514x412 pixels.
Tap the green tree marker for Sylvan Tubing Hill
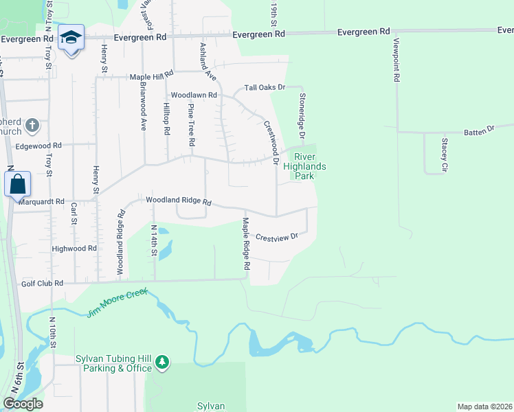coord(161,362)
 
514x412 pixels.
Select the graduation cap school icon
coord(71,38)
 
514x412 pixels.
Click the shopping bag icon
coord(17,184)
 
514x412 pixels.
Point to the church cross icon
coord(32,126)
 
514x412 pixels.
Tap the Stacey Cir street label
coord(445,154)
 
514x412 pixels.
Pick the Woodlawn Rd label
coord(194,95)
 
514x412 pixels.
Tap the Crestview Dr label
coord(277,236)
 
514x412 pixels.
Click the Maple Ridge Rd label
coord(245,248)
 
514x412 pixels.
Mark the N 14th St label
coord(153,241)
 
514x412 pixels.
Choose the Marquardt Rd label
coord(41,202)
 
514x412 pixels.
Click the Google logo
coord(23,404)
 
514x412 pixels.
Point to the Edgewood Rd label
coord(38,146)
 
